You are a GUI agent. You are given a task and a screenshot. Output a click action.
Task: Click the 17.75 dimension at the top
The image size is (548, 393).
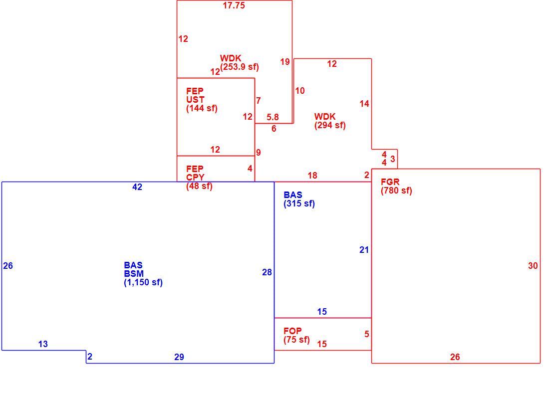(x=234, y=5)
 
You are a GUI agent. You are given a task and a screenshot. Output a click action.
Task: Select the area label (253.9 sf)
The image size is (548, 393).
(x=240, y=67)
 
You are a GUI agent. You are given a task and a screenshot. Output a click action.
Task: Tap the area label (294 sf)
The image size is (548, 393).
(x=330, y=125)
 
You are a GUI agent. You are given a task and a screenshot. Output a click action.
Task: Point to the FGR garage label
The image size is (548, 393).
(x=390, y=182)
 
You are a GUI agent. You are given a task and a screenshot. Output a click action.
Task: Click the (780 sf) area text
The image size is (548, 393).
(x=396, y=191)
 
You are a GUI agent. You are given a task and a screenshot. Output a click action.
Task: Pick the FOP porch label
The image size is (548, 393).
(x=292, y=331)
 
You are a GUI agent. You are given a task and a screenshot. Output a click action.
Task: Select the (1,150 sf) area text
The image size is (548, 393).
(x=143, y=282)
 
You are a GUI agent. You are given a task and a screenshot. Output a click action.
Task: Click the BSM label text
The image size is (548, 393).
(x=134, y=273)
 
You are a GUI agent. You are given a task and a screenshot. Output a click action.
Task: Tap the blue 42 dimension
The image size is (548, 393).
(x=137, y=187)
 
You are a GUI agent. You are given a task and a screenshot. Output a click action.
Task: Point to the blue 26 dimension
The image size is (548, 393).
(x=8, y=266)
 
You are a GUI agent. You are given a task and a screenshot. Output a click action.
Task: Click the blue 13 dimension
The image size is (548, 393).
(x=43, y=344)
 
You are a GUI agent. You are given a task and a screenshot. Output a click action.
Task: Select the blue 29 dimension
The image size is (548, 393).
(x=179, y=357)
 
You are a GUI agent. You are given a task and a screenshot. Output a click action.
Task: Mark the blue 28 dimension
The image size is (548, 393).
(x=267, y=272)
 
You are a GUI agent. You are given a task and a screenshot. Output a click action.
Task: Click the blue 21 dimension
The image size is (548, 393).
(x=364, y=250)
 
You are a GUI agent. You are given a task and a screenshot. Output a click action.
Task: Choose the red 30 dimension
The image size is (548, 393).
(x=533, y=266)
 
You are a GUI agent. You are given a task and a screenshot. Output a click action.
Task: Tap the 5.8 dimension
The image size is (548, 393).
(x=273, y=117)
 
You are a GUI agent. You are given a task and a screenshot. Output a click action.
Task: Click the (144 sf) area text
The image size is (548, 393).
(x=202, y=108)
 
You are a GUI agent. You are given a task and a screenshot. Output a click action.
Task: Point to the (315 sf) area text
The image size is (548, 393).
(x=299, y=203)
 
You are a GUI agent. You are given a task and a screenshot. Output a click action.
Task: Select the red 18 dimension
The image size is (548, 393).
(x=312, y=176)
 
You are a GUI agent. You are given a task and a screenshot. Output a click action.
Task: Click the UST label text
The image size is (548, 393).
(x=195, y=100)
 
